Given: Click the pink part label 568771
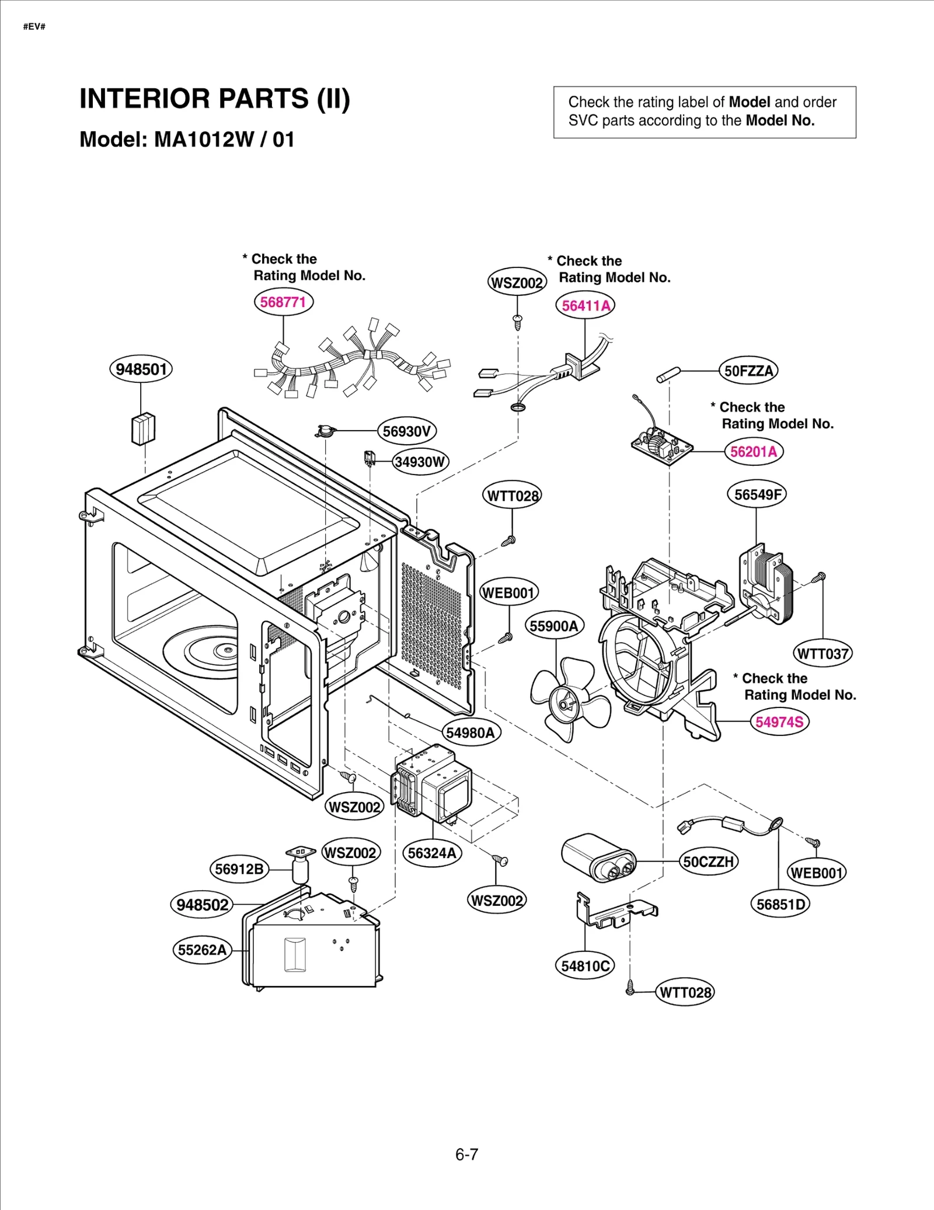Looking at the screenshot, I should [283, 302].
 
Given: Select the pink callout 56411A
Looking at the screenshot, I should [586, 305].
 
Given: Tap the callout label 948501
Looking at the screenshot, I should [141, 369].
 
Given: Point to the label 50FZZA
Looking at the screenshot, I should [748, 371].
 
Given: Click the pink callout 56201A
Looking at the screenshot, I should [754, 452].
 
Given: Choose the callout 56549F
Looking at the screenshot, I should [757, 494].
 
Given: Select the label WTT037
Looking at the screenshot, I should [823, 654].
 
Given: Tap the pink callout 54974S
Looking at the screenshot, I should [779, 722].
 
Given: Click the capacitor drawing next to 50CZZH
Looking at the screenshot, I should [598, 858].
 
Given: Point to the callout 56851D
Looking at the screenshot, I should [780, 904].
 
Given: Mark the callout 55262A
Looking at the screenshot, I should [202, 950].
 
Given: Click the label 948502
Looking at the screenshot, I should [202, 905].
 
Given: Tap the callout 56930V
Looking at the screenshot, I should [407, 431].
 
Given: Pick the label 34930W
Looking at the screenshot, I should [420, 462].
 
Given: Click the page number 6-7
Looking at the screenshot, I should [466, 1154].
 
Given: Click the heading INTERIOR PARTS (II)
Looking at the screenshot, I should [214, 99].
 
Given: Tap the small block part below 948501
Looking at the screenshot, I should [143, 428].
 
